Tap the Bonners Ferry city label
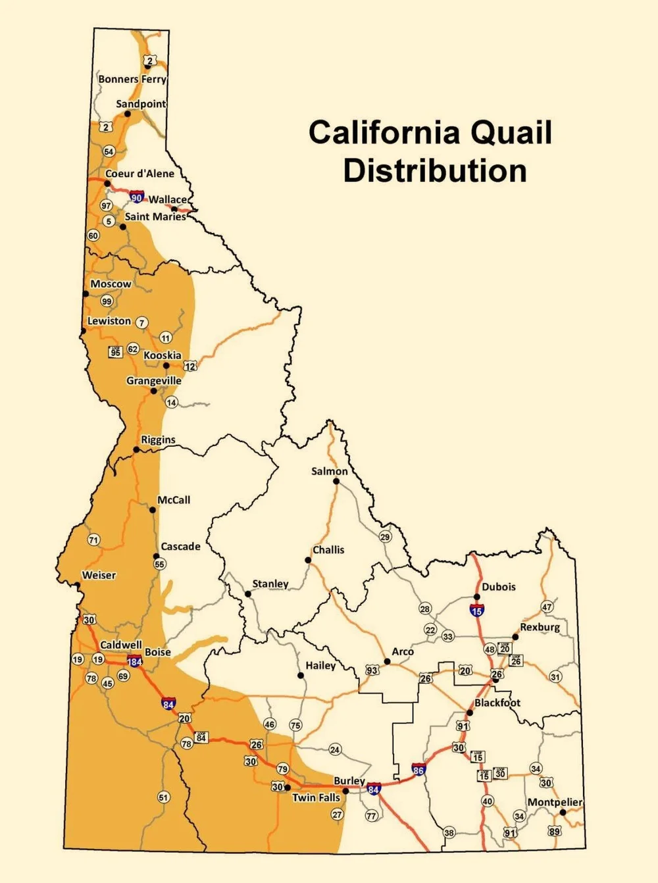pyautogui.click(x=132, y=79)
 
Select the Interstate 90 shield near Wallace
pyautogui.click(x=136, y=197)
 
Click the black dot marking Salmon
pyautogui.click(x=336, y=481)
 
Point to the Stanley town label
pyautogui.click(x=270, y=584)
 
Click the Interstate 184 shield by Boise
pyautogui.click(x=134, y=661)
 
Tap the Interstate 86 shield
pyautogui.click(x=418, y=769)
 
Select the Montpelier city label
pyautogui.click(x=555, y=802)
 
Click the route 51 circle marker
pyautogui.click(x=164, y=797)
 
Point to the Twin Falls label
pyautogui.click(x=316, y=797)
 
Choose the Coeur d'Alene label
pyautogui.click(x=139, y=174)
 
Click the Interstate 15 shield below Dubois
pyautogui.click(x=477, y=610)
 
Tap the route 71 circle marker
pyautogui.click(x=93, y=540)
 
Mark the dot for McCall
pyautogui.click(x=153, y=509)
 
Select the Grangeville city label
pyautogui.click(x=154, y=380)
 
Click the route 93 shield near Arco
pyautogui.click(x=372, y=670)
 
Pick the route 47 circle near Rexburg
pyautogui.click(x=547, y=607)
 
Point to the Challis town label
pyautogui.click(x=328, y=550)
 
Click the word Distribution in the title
pyautogui.click(x=435, y=171)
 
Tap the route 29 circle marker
pyautogui.click(x=385, y=537)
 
